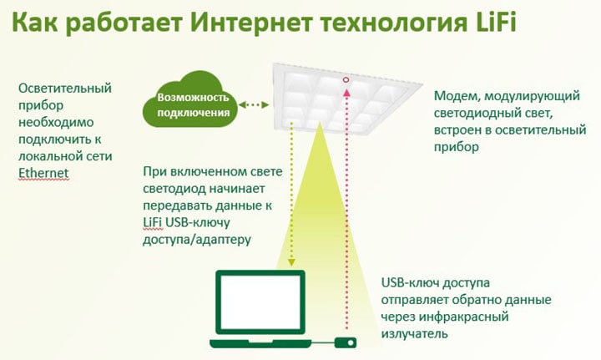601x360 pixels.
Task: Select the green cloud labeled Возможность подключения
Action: coord(190,100)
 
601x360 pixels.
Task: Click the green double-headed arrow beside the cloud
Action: coord(254,104)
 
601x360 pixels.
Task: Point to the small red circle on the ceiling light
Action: coord(346,80)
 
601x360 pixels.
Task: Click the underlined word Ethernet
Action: coord(43,173)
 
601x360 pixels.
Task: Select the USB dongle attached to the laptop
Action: coord(346,342)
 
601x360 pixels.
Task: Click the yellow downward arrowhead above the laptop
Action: coord(291,261)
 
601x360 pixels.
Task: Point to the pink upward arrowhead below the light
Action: coord(346,93)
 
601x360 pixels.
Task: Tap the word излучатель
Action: coord(414,333)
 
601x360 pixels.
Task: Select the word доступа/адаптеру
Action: coord(197,240)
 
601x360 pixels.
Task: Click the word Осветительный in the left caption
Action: coord(65,89)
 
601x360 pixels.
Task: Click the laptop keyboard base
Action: coord(260,342)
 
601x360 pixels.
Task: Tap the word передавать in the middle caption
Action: coord(177,205)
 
